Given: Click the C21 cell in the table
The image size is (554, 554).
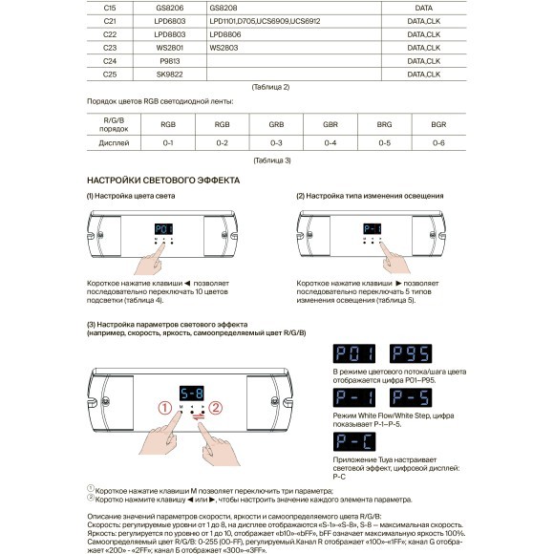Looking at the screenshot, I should (110, 20).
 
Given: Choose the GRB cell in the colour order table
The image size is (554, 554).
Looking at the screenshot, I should (276, 125).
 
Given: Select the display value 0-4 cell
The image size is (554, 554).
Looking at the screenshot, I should (330, 142).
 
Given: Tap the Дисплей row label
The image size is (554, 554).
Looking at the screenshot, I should (114, 142).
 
